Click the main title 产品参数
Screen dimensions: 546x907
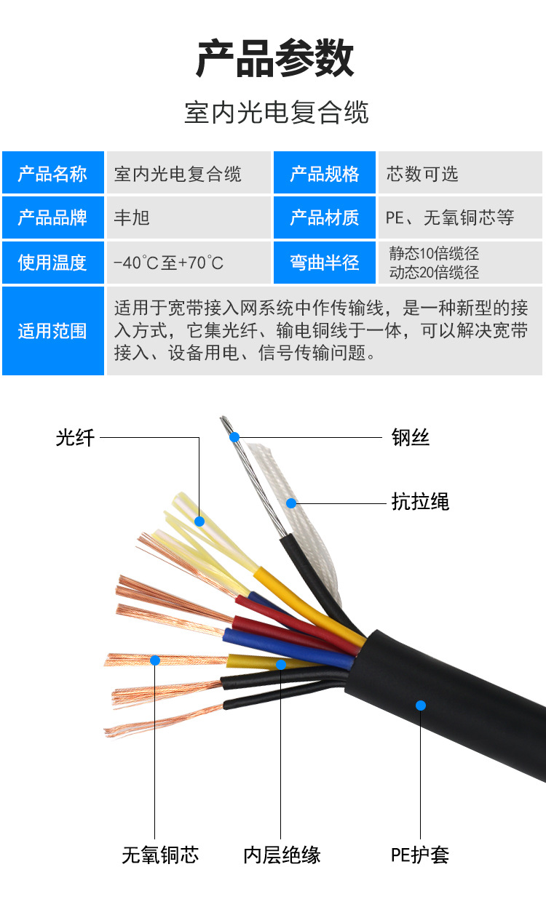point(275,58)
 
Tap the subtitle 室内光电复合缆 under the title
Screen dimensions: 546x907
point(277,112)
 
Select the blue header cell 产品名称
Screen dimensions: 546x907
point(53,172)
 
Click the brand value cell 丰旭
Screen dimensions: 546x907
point(189,217)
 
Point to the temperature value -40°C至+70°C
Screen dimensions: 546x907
point(169,263)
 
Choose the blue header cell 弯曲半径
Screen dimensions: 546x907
point(324,263)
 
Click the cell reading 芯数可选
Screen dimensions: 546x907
point(460,172)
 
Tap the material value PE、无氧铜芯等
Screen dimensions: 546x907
point(450,217)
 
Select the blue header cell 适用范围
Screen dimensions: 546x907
point(53,331)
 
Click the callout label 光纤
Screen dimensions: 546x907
point(75,438)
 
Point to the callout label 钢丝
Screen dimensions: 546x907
point(411,437)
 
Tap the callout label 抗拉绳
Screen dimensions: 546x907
point(420,502)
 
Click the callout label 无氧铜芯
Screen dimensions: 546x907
point(160,855)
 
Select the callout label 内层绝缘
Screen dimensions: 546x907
point(282,855)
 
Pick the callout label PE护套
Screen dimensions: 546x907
point(420,855)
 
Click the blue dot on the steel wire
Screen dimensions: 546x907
point(234,437)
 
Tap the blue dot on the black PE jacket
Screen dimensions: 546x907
point(421,706)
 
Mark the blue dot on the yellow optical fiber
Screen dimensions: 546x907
point(199,521)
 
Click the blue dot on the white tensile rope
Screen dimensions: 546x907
point(291,503)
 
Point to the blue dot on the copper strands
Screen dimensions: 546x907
point(155,660)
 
